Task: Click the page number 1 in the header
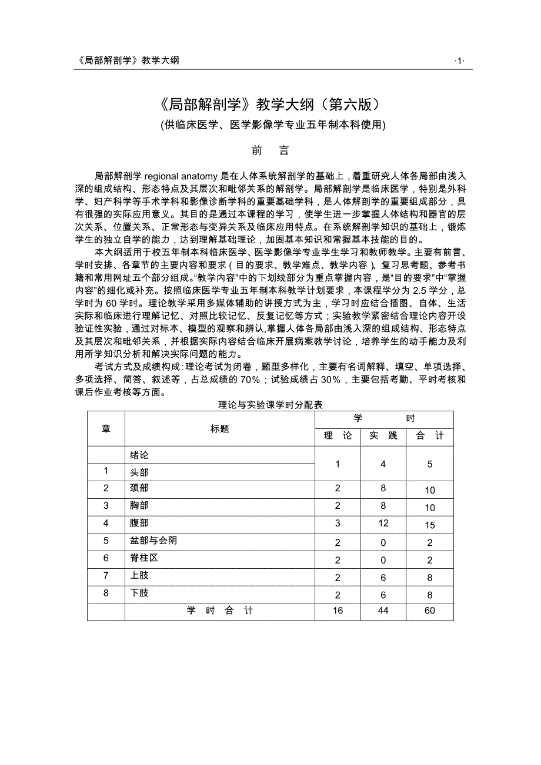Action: pyautogui.click(x=460, y=61)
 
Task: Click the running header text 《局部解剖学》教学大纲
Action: pyautogui.click(x=128, y=61)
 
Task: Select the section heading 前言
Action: pyautogui.click(x=270, y=151)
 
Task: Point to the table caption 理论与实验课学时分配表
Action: pyautogui.click(x=270, y=405)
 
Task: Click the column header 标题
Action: pyautogui.click(x=220, y=429)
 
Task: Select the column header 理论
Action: pyautogui.click(x=338, y=435)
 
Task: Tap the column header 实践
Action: pyautogui.click(x=383, y=435)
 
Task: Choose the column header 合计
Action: pyautogui.click(x=430, y=435)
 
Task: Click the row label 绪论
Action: pyautogui.click(x=139, y=455)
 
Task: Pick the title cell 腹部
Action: pyautogui.click(x=139, y=523)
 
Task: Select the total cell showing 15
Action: pyautogui.click(x=430, y=525)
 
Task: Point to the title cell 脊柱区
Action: pyautogui.click(x=144, y=558)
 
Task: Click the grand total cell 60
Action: pyautogui.click(x=430, y=611)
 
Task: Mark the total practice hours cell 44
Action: pyautogui.click(x=383, y=611)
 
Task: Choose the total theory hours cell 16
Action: pyautogui.click(x=338, y=611)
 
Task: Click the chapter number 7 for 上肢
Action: pyautogui.click(x=106, y=576)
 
